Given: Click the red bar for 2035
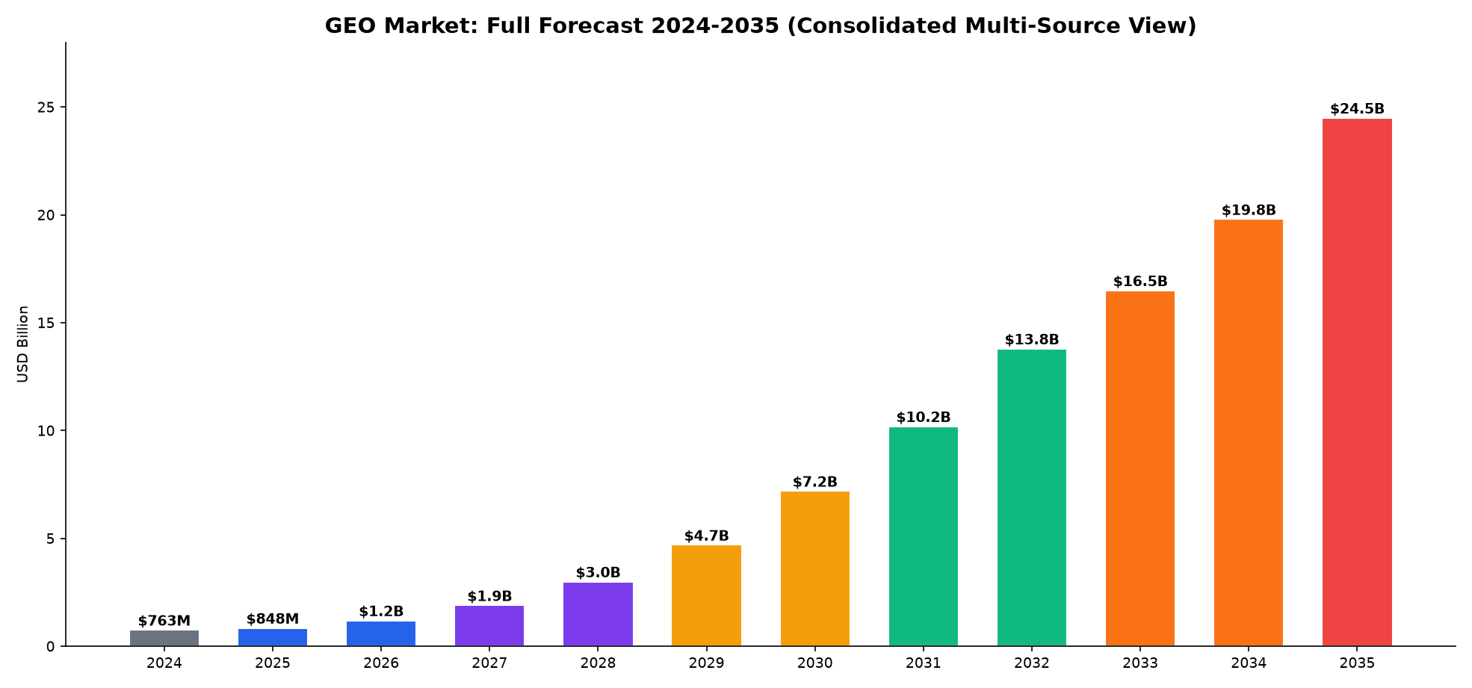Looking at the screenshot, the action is pyautogui.click(x=1357, y=382).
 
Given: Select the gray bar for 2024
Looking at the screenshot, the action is pyautogui.click(x=164, y=638).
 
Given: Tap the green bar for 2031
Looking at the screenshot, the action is pyautogui.click(x=924, y=536).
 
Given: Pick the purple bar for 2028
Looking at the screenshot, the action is pyautogui.click(x=598, y=614).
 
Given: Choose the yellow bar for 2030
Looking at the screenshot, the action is pyautogui.click(x=815, y=568).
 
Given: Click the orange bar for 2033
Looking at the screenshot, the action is pyautogui.click(x=1140, y=468).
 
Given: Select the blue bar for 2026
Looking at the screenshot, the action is pyautogui.click(x=381, y=633).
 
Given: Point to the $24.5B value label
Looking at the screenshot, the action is pyautogui.click(x=1357, y=109).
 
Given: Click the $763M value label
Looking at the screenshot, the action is pyautogui.click(x=164, y=621).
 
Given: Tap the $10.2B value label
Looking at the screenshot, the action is pyautogui.click(x=924, y=418).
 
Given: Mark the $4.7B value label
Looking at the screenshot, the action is pyautogui.click(x=706, y=536).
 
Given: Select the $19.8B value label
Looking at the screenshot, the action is pyautogui.click(x=1249, y=211).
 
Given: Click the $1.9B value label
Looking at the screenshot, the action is pyautogui.click(x=489, y=596).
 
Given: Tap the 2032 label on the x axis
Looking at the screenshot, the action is pyautogui.click(x=1032, y=663).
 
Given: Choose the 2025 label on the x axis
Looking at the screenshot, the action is pyautogui.click(x=273, y=663).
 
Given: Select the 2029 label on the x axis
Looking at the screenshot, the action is pyautogui.click(x=706, y=663).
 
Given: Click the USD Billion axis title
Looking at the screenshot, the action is pyautogui.click(x=22, y=344).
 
